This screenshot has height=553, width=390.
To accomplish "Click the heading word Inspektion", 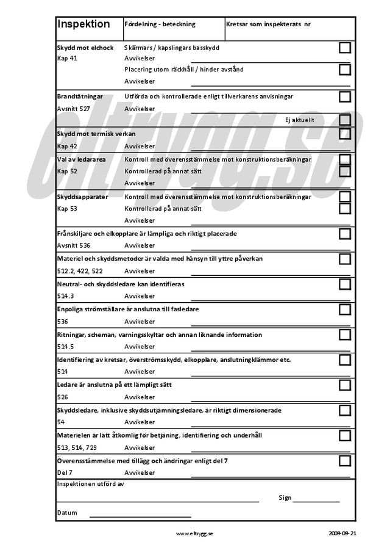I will [83, 24].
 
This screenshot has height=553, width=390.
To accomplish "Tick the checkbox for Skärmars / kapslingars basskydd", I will [345, 48].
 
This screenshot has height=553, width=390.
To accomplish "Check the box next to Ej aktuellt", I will [345, 120].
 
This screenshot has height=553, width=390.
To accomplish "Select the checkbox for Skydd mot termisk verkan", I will [345, 134].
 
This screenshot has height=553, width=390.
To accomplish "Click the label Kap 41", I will [67, 59].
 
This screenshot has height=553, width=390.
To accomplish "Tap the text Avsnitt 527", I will [74, 109].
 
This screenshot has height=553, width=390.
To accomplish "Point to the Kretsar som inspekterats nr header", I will [268, 24].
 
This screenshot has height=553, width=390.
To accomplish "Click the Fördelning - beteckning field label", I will [160, 24].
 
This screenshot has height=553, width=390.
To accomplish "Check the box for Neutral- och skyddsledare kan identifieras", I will [345, 284].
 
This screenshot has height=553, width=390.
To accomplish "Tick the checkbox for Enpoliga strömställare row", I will [345, 309].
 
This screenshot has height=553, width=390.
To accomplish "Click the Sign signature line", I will [316, 501].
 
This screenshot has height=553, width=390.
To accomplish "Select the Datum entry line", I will [140, 516].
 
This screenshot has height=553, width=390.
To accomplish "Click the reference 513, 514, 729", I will [77, 447].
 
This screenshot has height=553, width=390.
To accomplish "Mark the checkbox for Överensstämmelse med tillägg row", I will [345, 461].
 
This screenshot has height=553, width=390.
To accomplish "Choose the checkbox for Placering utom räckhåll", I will [345, 70].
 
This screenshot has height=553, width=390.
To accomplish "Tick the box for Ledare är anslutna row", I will [345, 385].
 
